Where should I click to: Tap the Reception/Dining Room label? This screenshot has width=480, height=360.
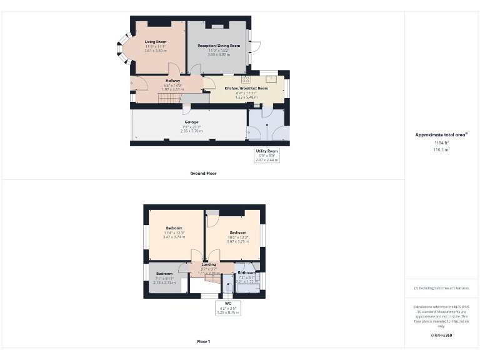219,46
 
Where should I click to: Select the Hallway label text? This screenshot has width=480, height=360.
173,81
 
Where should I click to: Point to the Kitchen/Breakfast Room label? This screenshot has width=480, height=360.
246,89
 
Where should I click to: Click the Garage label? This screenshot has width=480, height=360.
191,122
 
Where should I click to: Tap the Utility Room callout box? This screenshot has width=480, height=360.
267,156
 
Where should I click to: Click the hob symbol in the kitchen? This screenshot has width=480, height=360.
246,79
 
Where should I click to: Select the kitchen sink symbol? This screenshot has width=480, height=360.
272,79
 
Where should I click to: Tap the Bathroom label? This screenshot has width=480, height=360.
246,273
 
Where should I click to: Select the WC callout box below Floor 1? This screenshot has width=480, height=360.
227,307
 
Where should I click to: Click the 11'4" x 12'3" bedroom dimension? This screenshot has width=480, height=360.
174,232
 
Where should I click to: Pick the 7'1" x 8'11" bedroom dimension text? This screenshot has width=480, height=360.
164,278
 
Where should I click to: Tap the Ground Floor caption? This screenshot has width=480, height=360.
204,173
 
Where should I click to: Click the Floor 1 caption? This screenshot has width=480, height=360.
204,342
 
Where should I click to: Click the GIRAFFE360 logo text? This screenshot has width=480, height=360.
441,335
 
